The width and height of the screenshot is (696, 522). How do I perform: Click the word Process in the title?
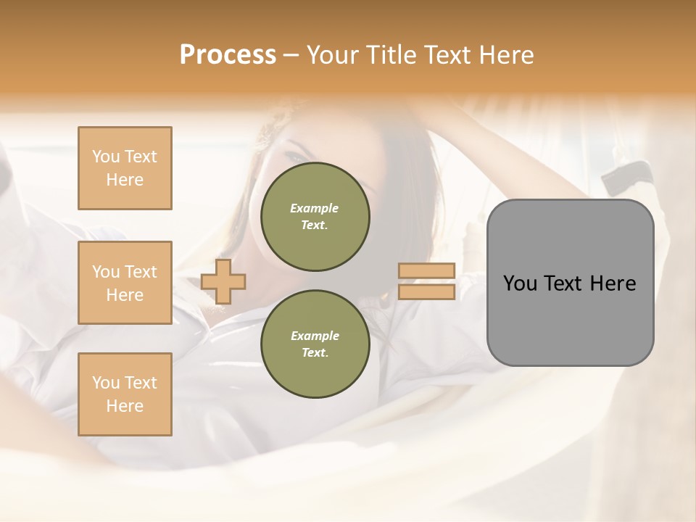click(228, 55)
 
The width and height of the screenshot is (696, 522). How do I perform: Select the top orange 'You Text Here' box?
click(125, 168)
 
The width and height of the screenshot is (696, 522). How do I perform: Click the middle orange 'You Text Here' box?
click(125, 283)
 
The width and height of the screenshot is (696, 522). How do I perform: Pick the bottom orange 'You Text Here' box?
click(125, 394)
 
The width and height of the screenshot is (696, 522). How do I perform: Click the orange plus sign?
click(223, 281)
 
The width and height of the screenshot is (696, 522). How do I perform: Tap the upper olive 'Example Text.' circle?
click(315, 217)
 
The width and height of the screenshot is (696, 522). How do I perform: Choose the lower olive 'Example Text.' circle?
click(315, 344)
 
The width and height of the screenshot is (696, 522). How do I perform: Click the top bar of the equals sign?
click(426, 271)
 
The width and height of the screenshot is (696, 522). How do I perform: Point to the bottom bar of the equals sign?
click(426, 291)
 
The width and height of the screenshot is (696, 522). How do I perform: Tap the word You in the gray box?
click(520, 283)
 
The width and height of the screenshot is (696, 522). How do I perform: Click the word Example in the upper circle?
click(315, 208)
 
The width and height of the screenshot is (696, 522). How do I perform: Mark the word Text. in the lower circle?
click(315, 353)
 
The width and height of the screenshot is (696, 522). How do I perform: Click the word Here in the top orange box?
click(125, 180)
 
